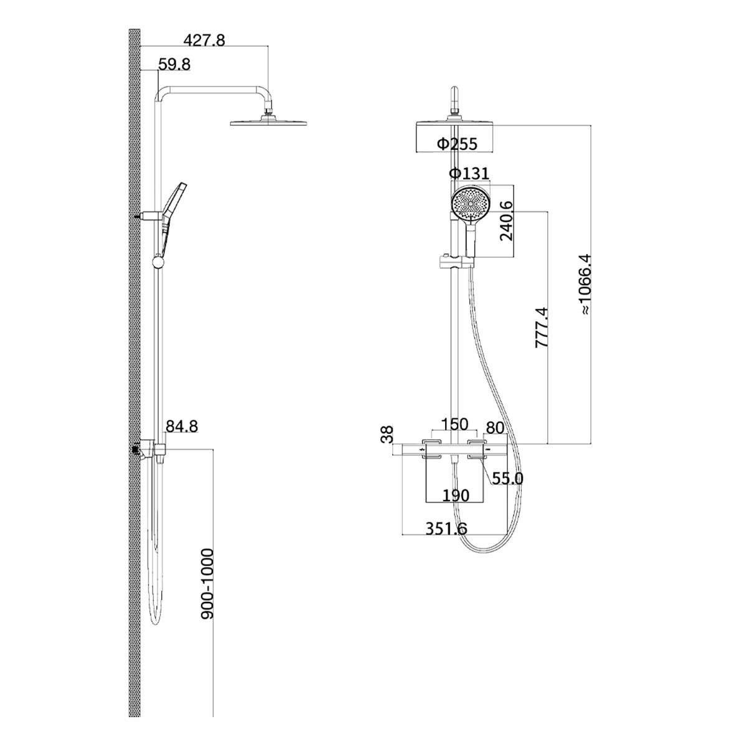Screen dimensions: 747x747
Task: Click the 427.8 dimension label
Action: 204,40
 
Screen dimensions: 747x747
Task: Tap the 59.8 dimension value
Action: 174,64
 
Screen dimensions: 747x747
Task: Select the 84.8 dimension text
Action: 182,426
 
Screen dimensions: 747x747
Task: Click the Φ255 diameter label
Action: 458,144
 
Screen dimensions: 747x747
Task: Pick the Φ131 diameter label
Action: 469,173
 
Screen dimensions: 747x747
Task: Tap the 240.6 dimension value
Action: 506,221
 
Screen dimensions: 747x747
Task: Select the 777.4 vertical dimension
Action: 542,327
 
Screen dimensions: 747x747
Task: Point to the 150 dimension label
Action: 454,424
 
